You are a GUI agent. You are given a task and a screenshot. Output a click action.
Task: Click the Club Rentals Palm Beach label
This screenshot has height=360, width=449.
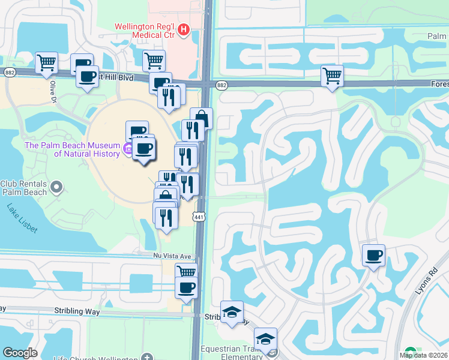(x=24, y=188)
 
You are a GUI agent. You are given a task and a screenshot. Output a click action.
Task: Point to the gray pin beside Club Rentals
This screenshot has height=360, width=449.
(x=57, y=188)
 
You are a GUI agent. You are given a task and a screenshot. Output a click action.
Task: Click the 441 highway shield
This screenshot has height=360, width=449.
(x=199, y=215)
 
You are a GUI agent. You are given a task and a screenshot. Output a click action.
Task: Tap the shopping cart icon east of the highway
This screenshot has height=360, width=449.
(x=332, y=76)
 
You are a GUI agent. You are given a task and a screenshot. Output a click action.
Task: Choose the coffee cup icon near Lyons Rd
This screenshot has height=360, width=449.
(x=373, y=256)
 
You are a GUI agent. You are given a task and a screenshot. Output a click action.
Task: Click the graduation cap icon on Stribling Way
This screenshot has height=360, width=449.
(x=232, y=311)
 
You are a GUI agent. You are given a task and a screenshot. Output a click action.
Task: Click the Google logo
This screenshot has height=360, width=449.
(x=19, y=353)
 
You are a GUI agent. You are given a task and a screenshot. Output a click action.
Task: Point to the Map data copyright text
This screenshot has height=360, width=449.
(x=423, y=355)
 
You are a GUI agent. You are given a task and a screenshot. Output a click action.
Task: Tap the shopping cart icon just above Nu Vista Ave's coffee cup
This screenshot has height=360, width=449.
(x=186, y=271)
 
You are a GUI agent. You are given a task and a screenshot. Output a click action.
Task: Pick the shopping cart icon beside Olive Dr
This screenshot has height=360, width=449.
(x=46, y=62)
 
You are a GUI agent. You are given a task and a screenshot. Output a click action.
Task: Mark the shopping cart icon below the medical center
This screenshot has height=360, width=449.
(x=154, y=59)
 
